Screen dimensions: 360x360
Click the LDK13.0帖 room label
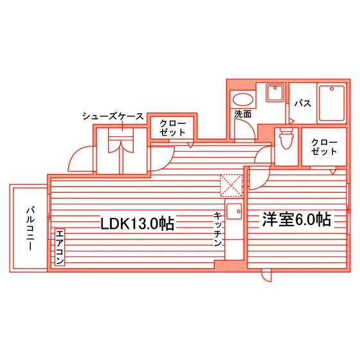(138, 223)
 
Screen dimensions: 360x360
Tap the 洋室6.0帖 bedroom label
(296, 219)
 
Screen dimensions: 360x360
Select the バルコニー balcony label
(30, 228)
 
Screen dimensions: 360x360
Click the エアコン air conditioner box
(60, 248)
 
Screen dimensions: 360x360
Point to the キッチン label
(218, 230)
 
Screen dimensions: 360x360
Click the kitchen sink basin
(234, 212)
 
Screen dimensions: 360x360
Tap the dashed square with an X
(231, 186)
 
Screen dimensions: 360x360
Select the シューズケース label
(113, 116)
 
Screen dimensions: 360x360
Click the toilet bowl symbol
(286, 139)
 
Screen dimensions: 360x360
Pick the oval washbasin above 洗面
(243, 100)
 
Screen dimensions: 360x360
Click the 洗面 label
(243, 114)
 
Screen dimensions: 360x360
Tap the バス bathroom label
(303, 104)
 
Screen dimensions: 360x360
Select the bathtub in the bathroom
(332, 104)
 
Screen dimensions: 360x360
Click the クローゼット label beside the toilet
(324, 147)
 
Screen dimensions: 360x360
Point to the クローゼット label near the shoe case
(173, 128)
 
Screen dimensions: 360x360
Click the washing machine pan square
(274, 93)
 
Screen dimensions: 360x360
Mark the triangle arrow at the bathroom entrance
(292, 121)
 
